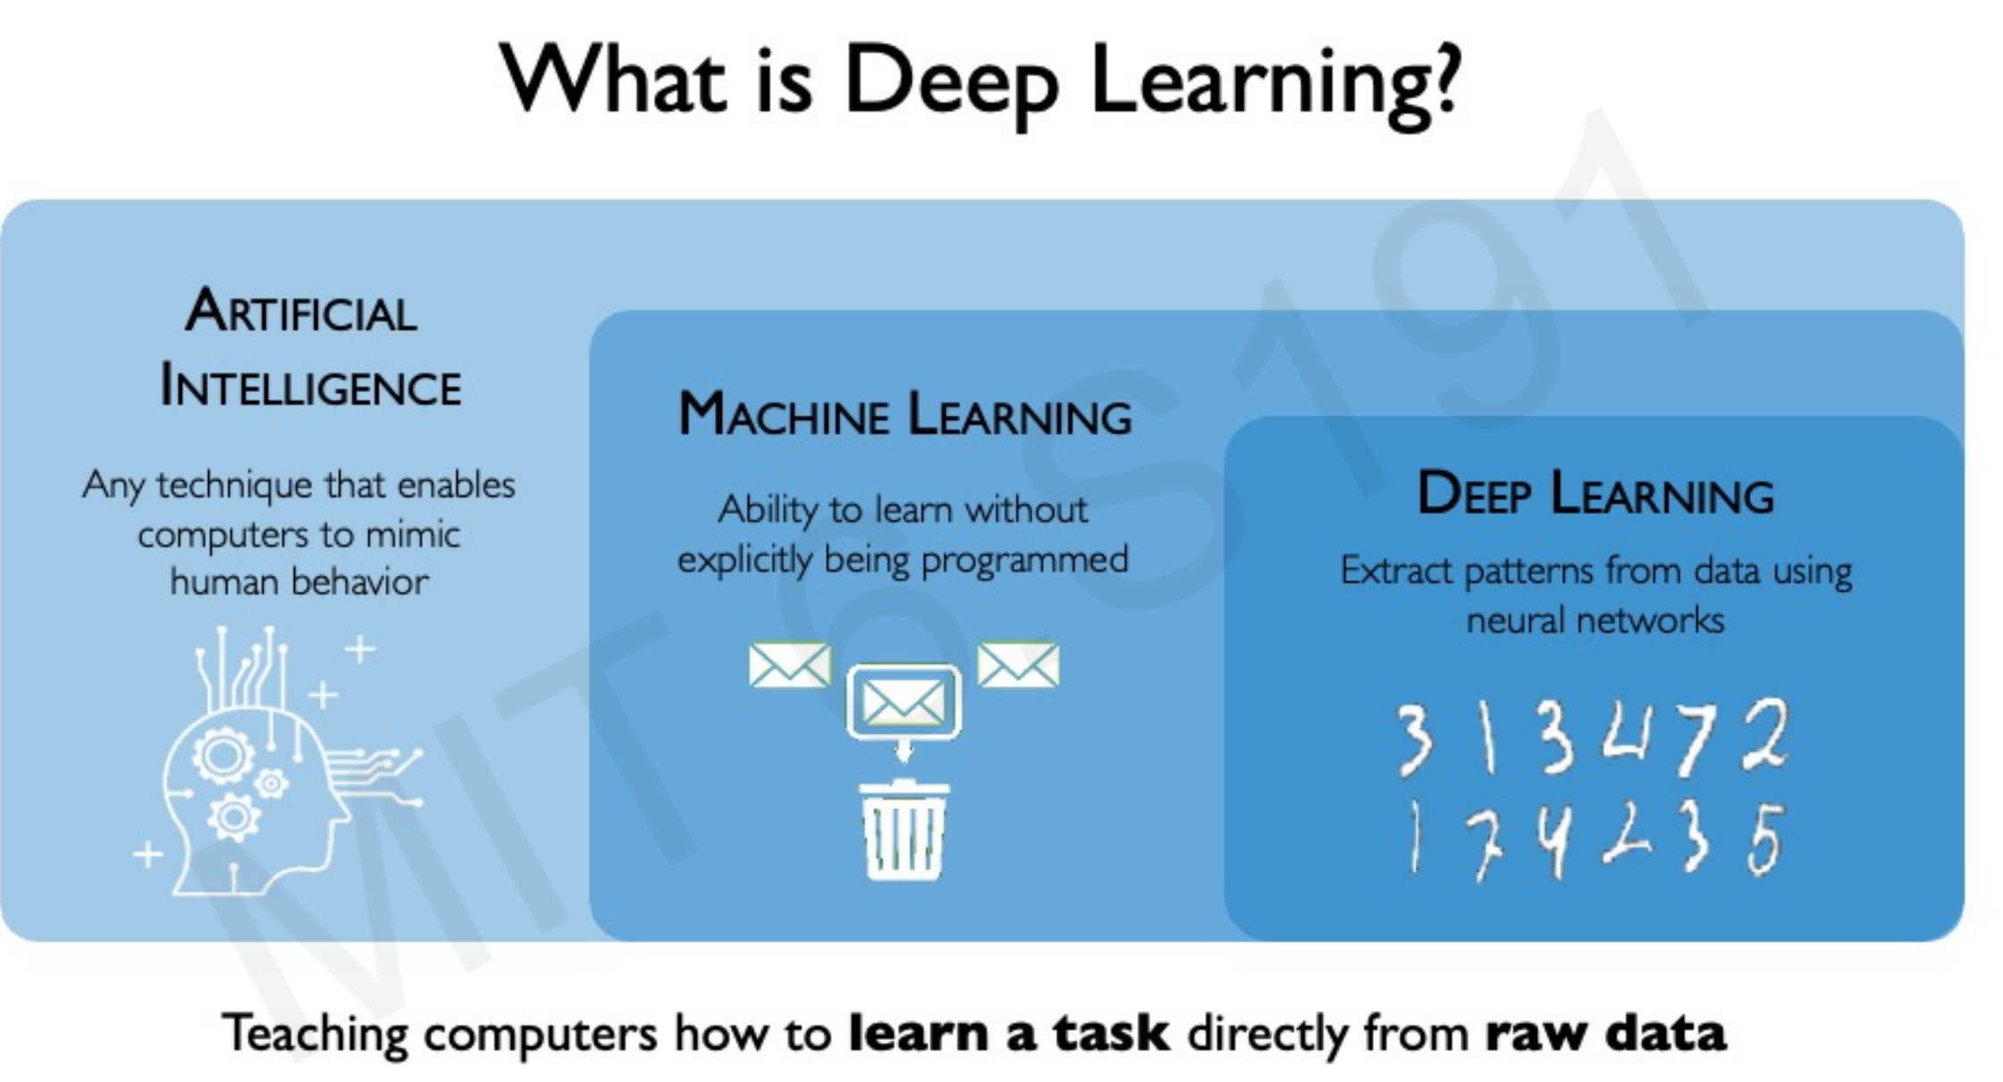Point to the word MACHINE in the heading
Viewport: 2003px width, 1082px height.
[783, 415]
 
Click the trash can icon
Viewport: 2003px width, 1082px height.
[904, 830]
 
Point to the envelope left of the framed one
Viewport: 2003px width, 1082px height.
[789, 666]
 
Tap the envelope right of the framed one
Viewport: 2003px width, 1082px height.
[1018, 666]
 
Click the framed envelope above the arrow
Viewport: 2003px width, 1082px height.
[904, 701]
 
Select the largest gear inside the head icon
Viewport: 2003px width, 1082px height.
[223, 756]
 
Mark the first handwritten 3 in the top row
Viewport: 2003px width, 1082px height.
[1414, 738]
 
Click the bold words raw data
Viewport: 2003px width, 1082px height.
[1605, 1034]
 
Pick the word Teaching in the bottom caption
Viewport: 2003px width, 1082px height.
[315, 1034]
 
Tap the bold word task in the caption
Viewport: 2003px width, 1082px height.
[1110, 1034]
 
